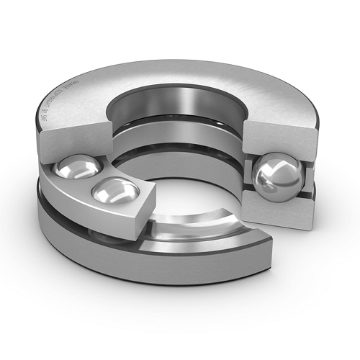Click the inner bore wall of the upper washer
tap(180, 108)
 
